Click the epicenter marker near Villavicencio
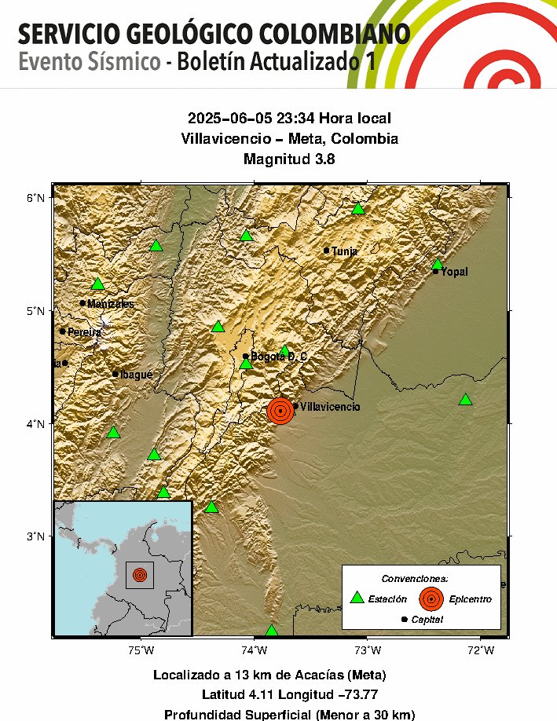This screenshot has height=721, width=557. coord(280,410)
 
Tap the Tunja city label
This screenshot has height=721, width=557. coord(344,251)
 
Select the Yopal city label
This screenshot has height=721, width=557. coord(454,272)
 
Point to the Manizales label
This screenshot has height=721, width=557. coord(111,304)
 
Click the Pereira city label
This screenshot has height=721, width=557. coord(84,332)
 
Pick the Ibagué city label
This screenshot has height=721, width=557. coord(136,375)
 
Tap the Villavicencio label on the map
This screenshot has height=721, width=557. coord(330,408)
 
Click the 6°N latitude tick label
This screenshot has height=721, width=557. coord(36,197)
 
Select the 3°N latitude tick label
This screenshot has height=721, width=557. coord(36,536)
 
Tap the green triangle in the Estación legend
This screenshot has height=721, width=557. coord(357,598)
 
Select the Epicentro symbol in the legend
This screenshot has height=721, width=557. coord(431,598)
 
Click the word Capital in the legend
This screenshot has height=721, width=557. coord(427,620)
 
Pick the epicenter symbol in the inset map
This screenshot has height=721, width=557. coord(140,575)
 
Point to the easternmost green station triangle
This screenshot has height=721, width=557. coord(465,400)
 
